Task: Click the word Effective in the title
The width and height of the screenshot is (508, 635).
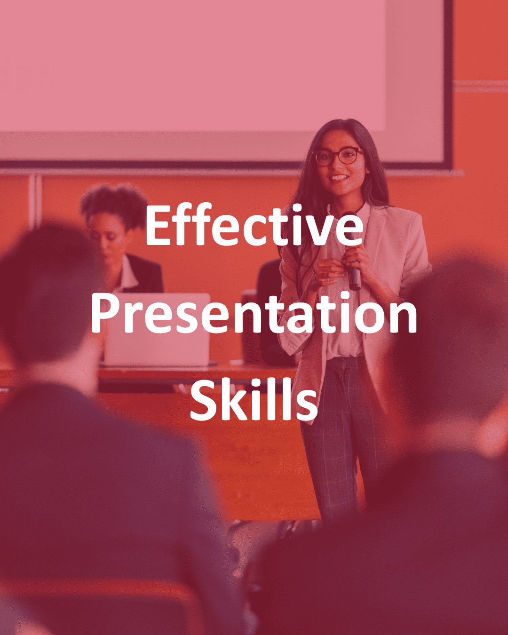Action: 254,225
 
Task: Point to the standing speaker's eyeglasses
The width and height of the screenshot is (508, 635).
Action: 339,156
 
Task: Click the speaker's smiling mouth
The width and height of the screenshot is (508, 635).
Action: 339,178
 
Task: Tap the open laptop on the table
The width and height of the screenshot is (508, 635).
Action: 157,330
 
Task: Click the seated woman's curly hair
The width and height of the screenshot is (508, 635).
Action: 114,204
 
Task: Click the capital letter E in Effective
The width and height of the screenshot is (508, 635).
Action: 159,225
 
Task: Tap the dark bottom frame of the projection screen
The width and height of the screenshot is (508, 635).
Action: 224,165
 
